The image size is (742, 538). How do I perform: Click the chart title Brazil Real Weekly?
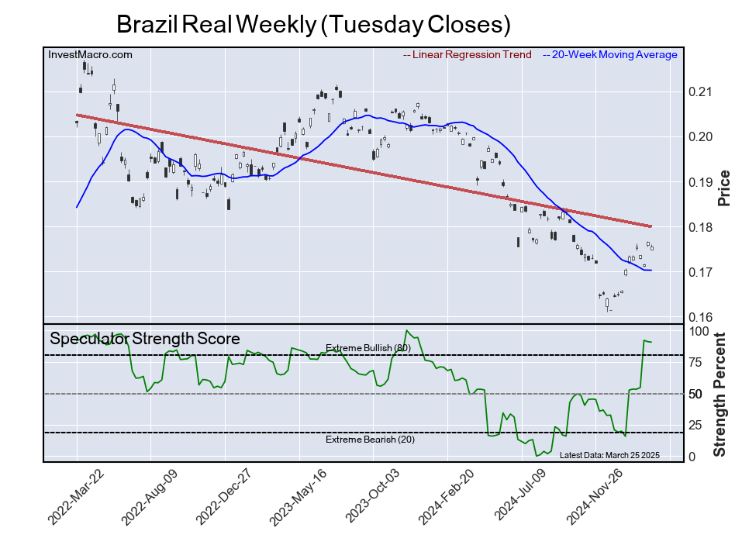click(x=313, y=24)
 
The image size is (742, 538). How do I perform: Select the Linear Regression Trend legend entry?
click(x=468, y=55)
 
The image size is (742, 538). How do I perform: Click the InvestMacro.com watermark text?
click(x=90, y=55)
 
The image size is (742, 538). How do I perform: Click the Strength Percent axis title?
click(x=720, y=395)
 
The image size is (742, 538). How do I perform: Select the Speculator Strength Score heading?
click(x=145, y=339)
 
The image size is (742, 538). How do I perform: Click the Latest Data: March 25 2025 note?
click(x=609, y=455)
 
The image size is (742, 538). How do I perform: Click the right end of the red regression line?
click(x=651, y=226)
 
